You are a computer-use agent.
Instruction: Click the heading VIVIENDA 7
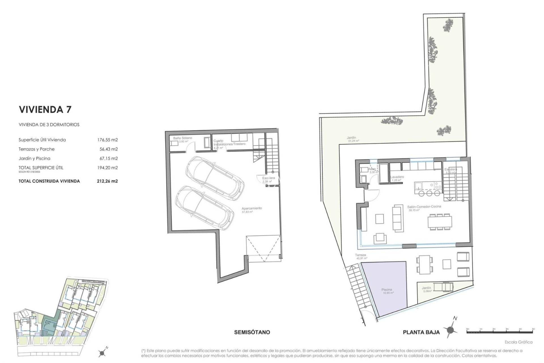pos(45,109)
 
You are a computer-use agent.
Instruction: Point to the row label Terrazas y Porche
pos(37,149)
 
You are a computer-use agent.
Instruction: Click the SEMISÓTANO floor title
pos(252,332)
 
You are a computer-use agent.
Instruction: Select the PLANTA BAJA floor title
pos(421,332)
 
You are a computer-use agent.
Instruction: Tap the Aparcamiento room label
pos(252,208)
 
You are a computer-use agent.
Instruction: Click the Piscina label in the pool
pos(386,290)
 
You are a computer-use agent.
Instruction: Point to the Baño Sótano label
pos(182,138)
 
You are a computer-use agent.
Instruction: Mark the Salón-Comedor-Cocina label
pos(424,207)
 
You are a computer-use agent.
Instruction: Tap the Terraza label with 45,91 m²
pos(361,255)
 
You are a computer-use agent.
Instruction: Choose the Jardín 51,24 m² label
pos(351,138)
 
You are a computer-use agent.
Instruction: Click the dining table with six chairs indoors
pos(439,222)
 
